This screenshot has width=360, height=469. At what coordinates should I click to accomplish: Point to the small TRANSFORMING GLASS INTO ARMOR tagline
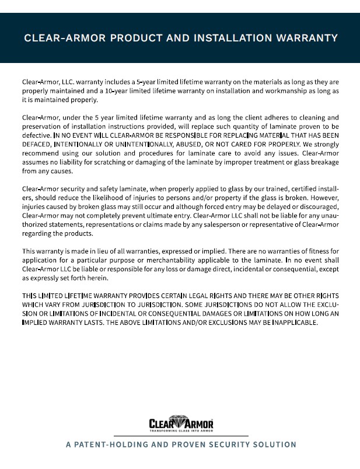pos(181,430)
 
